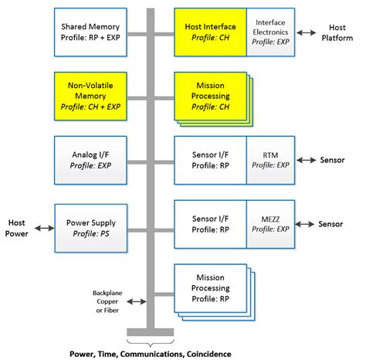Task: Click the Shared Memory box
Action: (91, 32)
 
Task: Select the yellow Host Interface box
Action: (210, 32)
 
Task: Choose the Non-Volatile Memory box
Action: (91, 96)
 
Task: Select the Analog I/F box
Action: (91, 159)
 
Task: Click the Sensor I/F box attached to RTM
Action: (210, 159)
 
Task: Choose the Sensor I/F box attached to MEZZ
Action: (210, 223)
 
